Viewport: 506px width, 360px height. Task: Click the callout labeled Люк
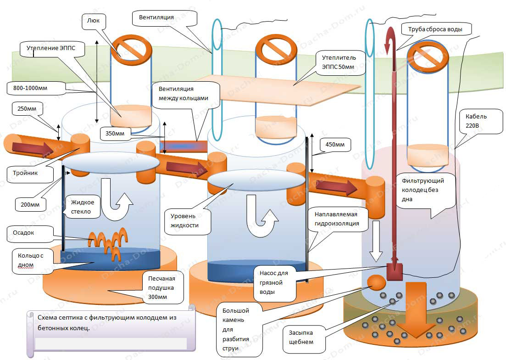[x=93, y=21]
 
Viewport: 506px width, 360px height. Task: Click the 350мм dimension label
[x=115, y=133]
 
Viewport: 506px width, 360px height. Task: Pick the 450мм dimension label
[x=335, y=145]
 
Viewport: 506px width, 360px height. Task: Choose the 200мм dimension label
[x=30, y=204]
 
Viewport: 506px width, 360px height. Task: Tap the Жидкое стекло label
[x=83, y=207]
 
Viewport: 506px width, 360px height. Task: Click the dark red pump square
[x=395, y=272]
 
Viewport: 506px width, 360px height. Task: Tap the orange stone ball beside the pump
[x=376, y=282]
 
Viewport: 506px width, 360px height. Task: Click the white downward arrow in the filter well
[x=376, y=241]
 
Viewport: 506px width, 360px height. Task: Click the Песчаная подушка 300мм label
[x=161, y=287]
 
